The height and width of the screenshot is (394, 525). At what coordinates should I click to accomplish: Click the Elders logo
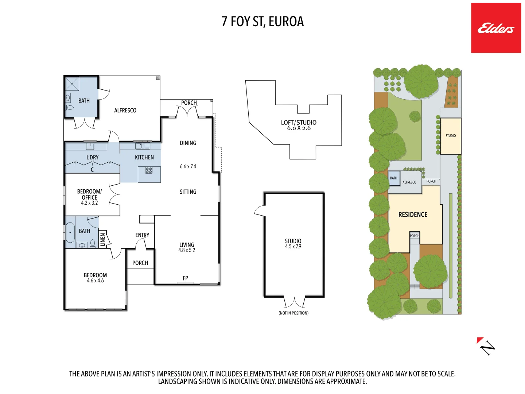coord(496,28)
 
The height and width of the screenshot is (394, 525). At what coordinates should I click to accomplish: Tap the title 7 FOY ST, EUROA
coord(262,22)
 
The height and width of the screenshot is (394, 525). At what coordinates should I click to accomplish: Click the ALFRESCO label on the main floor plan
coord(125,110)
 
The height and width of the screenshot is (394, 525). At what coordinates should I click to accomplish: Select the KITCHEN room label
coord(144,157)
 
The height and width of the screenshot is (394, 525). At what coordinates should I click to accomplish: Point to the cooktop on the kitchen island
coord(149,170)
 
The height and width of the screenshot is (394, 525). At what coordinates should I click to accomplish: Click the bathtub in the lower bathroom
coord(70,232)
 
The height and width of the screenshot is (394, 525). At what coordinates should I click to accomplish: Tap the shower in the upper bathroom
coord(72,84)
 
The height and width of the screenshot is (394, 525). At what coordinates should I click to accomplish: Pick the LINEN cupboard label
coord(102,239)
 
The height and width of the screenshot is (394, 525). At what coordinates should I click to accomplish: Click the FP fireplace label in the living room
coord(185,278)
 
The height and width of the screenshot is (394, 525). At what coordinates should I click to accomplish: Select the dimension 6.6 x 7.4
coord(188,166)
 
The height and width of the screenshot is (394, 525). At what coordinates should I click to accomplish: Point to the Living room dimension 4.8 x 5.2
coord(187,250)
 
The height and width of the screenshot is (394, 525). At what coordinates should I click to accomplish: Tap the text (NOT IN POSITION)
coord(293,313)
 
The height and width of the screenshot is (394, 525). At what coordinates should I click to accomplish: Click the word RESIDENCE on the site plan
coord(413,215)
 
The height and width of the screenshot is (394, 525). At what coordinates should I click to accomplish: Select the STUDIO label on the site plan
coord(451,136)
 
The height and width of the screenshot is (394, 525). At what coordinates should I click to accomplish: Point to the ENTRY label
coord(142,235)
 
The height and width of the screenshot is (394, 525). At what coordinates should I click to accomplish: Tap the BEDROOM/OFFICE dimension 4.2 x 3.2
coord(89,203)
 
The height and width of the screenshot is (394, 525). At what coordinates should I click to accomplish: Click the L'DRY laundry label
coord(93,157)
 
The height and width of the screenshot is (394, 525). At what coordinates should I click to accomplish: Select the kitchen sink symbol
coord(143,146)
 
